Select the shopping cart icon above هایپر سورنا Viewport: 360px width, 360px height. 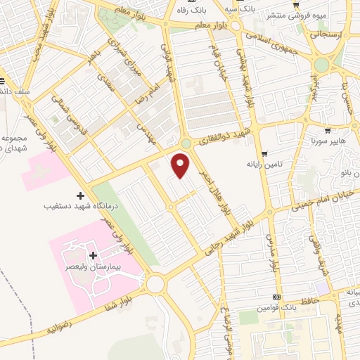(327, 130)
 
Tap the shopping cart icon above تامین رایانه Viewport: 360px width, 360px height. (264, 154)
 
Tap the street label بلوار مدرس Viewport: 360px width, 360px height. (273, 253)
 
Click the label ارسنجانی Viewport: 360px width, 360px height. (328, 32)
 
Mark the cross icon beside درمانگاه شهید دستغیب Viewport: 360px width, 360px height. (79, 195)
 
